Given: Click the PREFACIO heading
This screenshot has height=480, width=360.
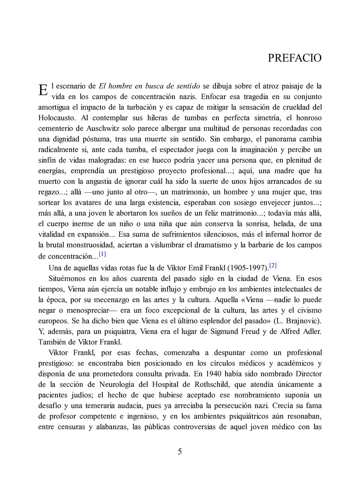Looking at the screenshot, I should pyautogui.click(x=294, y=58).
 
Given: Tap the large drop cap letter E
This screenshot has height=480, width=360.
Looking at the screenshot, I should pyautogui.click(x=43, y=90).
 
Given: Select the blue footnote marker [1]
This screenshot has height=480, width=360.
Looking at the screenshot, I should pyautogui.click(x=102, y=254).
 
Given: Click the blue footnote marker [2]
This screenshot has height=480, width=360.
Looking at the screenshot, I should pyautogui.click(x=273, y=265).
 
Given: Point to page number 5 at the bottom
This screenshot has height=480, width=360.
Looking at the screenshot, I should pyautogui.click(x=180, y=452).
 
